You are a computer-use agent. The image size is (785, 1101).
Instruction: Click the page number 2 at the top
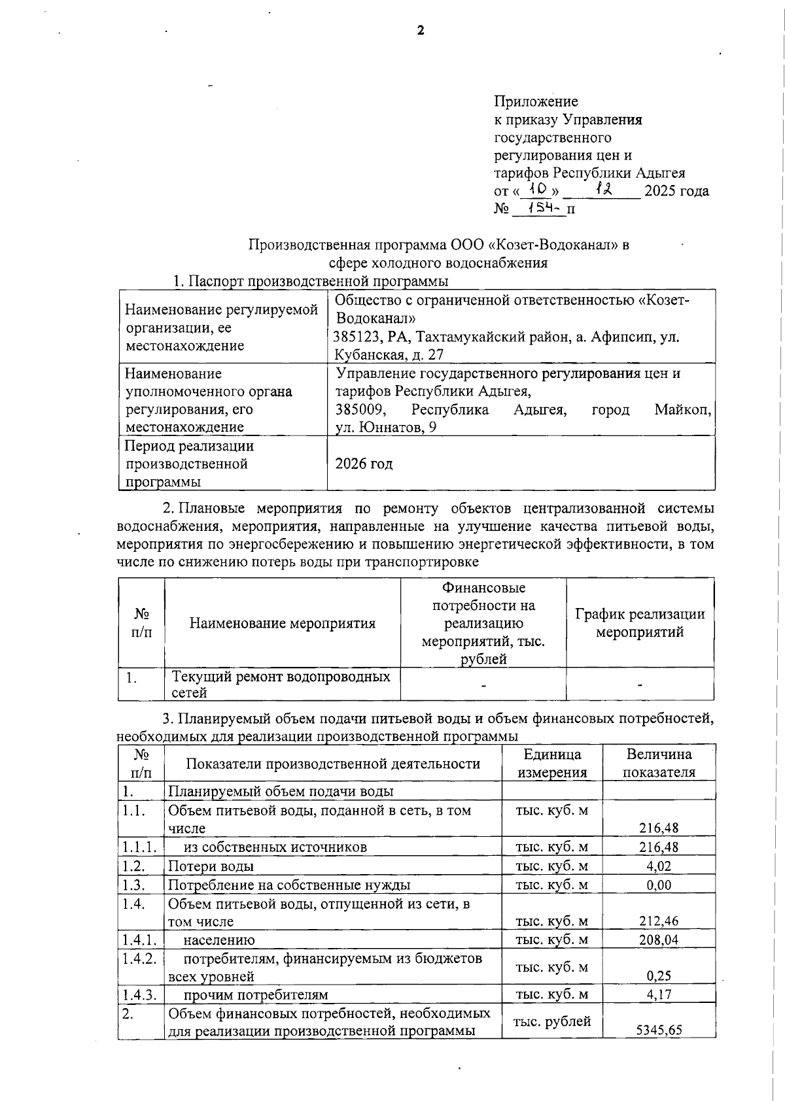click(421, 30)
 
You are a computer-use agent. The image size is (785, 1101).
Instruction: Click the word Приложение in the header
click(536, 101)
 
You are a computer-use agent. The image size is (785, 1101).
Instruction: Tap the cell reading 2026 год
click(364, 464)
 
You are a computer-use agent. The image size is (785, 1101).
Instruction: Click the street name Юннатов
click(389, 428)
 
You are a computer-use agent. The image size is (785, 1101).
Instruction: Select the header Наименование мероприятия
click(283, 623)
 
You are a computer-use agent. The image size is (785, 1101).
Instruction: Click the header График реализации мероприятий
click(640, 623)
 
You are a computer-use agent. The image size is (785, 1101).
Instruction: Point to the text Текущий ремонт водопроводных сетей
click(281, 684)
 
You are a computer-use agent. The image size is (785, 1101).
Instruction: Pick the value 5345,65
click(659, 1030)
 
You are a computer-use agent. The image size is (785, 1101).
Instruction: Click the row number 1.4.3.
click(139, 994)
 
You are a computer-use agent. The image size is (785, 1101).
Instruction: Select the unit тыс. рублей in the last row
click(552, 1021)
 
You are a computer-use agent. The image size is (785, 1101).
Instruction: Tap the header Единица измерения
click(552, 763)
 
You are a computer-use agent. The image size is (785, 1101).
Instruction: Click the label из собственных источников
click(275, 847)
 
